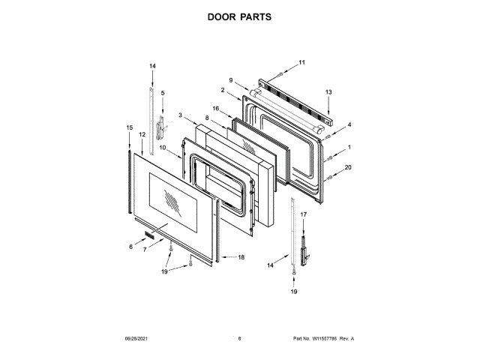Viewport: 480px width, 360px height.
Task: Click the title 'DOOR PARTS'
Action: (240, 16)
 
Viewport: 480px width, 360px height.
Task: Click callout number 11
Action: (302, 61)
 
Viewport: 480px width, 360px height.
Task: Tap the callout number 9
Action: (231, 80)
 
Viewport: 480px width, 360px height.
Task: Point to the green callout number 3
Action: (180, 114)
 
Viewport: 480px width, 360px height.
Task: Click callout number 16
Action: (214, 108)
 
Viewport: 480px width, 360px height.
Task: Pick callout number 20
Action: (348, 167)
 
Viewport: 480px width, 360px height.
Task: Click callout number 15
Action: (129, 127)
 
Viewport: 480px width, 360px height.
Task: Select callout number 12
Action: (142, 134)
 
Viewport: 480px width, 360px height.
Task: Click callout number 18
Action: (241, 257)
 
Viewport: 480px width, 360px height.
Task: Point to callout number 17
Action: (304, 214)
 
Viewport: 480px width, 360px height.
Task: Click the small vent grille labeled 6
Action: (152, 236)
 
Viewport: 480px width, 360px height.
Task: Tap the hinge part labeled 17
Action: (304, 249)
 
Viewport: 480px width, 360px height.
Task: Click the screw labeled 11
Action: (280, 73)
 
